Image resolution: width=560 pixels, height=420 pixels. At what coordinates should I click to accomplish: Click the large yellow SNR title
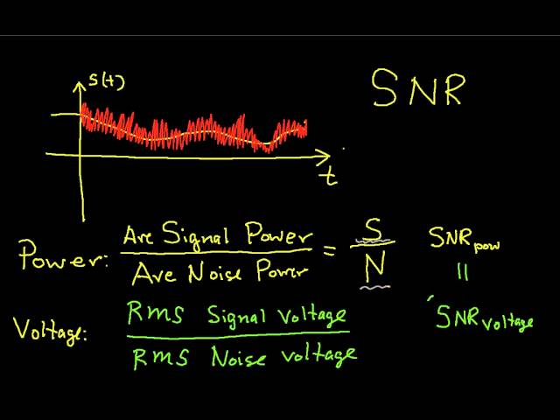pos(416,88)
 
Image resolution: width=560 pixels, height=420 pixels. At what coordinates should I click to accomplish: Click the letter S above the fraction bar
pos(374,230)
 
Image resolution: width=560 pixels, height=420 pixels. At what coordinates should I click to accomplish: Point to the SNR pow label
pos(463,239)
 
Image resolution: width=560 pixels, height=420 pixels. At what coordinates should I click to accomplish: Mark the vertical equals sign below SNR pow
pos(463,273)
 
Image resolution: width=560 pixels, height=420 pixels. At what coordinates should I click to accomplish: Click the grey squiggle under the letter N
pos(376,285)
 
